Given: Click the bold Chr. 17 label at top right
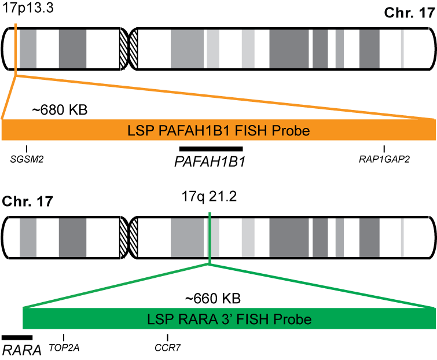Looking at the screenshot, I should click(x=409, y=13).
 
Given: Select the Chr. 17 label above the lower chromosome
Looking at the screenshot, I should click(x=28, y=201).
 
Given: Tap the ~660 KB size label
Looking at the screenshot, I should click(x=212, y=298).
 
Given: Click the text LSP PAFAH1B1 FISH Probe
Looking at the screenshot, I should click(x=219, y=131).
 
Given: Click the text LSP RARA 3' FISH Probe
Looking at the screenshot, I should click(x=230, y=319).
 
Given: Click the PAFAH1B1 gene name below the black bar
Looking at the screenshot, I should click(x=210, y=162).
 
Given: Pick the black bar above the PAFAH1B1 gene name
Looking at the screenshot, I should click(x=211, y=149).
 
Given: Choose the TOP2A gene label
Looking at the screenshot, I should click(x=64, y=347).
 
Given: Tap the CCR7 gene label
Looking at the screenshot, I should click(x=167, y=347).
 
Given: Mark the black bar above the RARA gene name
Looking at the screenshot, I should click(x=17, y=337).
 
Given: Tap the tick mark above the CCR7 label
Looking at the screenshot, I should click(x=167, y=337).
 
